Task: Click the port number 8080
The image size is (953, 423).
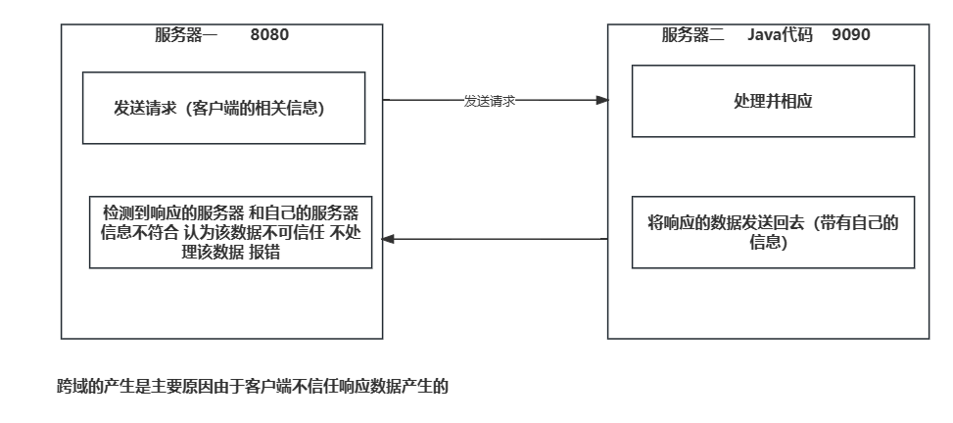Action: [x=269, y=35]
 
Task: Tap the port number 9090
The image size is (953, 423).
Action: [x=850, y=35]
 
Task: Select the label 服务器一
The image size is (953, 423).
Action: [x=186, y=35]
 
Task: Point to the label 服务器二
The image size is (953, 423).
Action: [x=692, y=35]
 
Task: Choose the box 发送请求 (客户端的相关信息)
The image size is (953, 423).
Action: [x=223, y=108]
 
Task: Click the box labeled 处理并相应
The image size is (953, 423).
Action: [x=773, y=101]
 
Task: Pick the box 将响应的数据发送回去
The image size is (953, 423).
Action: [x=773, y=232]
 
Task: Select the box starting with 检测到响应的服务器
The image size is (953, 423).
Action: [x=230, y=232]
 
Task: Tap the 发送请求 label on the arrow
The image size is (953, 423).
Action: [x=490, y=101]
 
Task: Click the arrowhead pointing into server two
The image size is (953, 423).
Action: [x=601, y=100]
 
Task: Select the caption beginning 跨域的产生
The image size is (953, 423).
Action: [x=253, y=387]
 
